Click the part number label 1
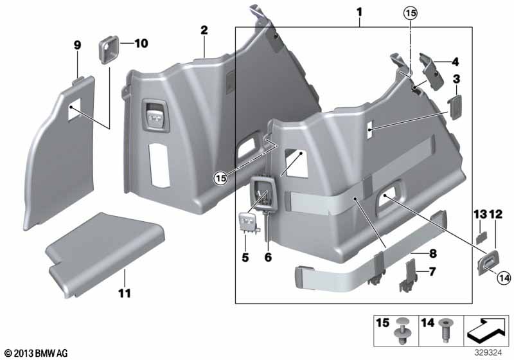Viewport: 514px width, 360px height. click(x=359, y=12)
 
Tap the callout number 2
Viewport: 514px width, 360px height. click(x=204, y=30)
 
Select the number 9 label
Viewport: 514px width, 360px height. click(x=77, y=44)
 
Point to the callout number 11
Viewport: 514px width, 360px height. click(x=124, y=293)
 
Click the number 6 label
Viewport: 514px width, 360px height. click(x=268, y=256)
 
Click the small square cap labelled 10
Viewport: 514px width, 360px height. click(x=107, y=48)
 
